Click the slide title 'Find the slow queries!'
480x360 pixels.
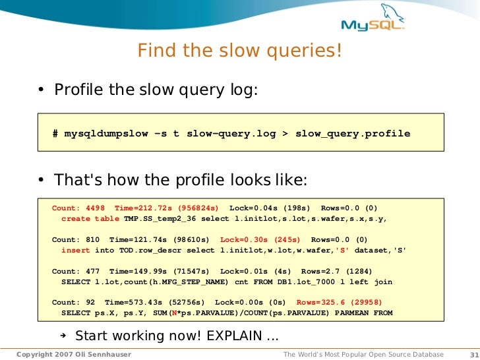[240, 50]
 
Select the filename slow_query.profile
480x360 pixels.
[352, 134]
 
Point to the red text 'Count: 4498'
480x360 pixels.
[78, 208]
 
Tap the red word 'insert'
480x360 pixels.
[75, 251]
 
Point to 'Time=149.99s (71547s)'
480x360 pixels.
[159, 271]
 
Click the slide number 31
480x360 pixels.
[471, 355]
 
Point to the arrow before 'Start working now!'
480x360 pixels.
[63, 335]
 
